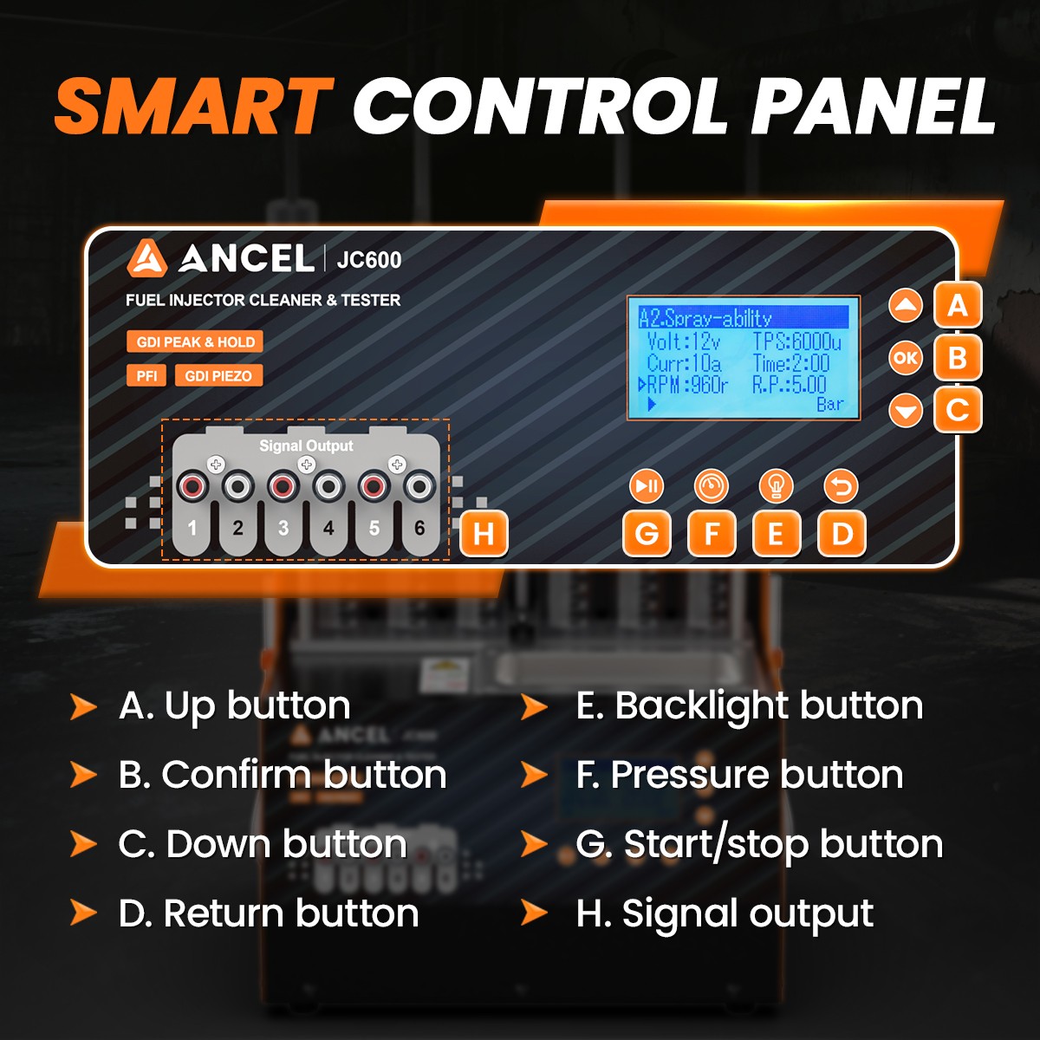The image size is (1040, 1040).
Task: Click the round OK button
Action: click(x=905, y=358)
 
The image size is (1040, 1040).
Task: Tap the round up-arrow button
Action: click(x=905, y=305)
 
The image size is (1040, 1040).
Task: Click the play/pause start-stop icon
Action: click(x=646, y=486)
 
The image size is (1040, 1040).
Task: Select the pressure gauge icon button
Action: click(x=711, y=486)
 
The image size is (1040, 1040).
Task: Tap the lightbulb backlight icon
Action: click(x=776, y=486)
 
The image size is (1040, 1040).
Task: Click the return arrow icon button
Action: click(x=841, y=486)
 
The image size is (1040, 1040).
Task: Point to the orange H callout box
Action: click(x=484, y=533)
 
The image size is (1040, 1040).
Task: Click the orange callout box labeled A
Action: click(x=958, y=305)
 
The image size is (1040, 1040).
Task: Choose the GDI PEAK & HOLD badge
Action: click(x=195, y=341)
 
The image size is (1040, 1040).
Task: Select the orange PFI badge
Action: click(x=146, y=375)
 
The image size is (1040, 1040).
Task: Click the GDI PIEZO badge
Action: click(x=218, y=375)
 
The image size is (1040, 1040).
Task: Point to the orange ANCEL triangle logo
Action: click(x=146, y=258)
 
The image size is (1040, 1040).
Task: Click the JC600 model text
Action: click(x=369, y=260)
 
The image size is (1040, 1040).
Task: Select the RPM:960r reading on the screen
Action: click(x=683, y=385)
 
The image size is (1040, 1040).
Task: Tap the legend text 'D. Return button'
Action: click(x=268, y=913)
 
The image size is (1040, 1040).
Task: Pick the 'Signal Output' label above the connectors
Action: click(x=306, y=445)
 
